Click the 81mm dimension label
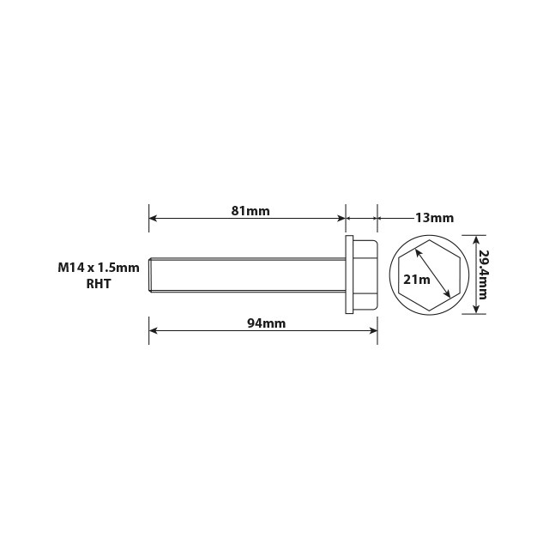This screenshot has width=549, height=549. (251, 210)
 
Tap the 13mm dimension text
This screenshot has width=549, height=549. (434, 218)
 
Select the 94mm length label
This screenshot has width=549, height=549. (266, 323)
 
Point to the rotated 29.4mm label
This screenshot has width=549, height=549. (484, 274)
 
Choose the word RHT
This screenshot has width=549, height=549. (100, 285)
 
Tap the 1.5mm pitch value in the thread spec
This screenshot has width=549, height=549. (118, 268)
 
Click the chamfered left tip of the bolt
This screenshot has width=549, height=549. (152, 274)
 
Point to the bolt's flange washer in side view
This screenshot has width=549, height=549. (349, 274)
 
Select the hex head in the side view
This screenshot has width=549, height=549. (365, 274)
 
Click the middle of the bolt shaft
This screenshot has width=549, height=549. (249, 274)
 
